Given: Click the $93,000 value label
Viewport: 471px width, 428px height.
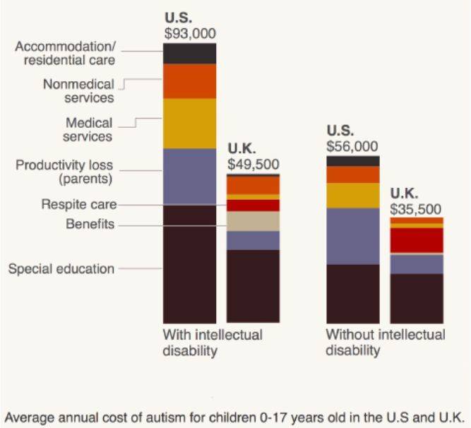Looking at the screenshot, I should pos(190,32).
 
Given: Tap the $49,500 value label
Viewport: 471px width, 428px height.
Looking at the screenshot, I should pos(253,163).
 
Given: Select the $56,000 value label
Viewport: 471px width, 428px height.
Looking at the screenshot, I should pos(352,145).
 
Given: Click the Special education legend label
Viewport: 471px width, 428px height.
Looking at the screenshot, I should pos(61,268).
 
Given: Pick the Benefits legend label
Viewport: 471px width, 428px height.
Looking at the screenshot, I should pos(90,225).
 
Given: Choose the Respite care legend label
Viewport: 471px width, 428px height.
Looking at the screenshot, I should pos(78,205).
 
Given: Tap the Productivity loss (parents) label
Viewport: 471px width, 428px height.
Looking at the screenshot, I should pos(64,172).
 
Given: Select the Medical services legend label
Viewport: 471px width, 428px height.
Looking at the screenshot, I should pos(88,129).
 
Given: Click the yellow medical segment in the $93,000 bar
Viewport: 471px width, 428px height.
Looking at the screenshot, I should pos(190,124).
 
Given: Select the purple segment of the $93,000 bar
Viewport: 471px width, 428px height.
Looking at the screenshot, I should pos(190,177).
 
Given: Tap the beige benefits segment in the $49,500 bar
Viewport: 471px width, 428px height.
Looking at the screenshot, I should pos(253,221).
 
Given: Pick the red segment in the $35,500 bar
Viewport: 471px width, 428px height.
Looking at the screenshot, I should pos(417,240).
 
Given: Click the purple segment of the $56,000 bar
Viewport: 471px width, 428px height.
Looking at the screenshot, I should pos(352,236).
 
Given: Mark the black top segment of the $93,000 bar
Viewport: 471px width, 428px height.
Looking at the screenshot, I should pos(190,54).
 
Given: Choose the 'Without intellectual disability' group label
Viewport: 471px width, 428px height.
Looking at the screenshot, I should pos(385,342).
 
